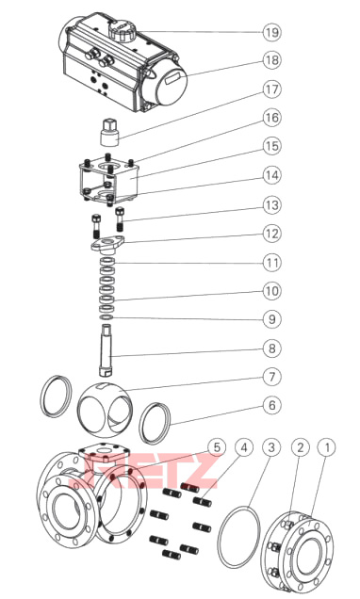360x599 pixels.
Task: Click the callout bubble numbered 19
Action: (271, 32)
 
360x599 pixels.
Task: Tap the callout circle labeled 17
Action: (271, 89)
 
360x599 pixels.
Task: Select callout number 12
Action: (271, 234)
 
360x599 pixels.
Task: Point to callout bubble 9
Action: (271, 319)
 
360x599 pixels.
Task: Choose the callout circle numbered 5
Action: (217, 447)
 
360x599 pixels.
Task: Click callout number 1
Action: (327, 447)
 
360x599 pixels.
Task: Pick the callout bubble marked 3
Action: (271, 447)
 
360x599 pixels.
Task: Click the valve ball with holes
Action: (106, 411)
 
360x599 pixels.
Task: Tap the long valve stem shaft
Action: (107, 349)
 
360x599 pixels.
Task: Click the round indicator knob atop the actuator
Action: (122, 30)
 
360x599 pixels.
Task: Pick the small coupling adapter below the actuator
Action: (109, 132)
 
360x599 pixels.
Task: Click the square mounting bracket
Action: (109, 178)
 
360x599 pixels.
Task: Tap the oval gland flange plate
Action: (108, 244)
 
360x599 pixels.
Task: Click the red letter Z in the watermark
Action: (199, 470)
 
